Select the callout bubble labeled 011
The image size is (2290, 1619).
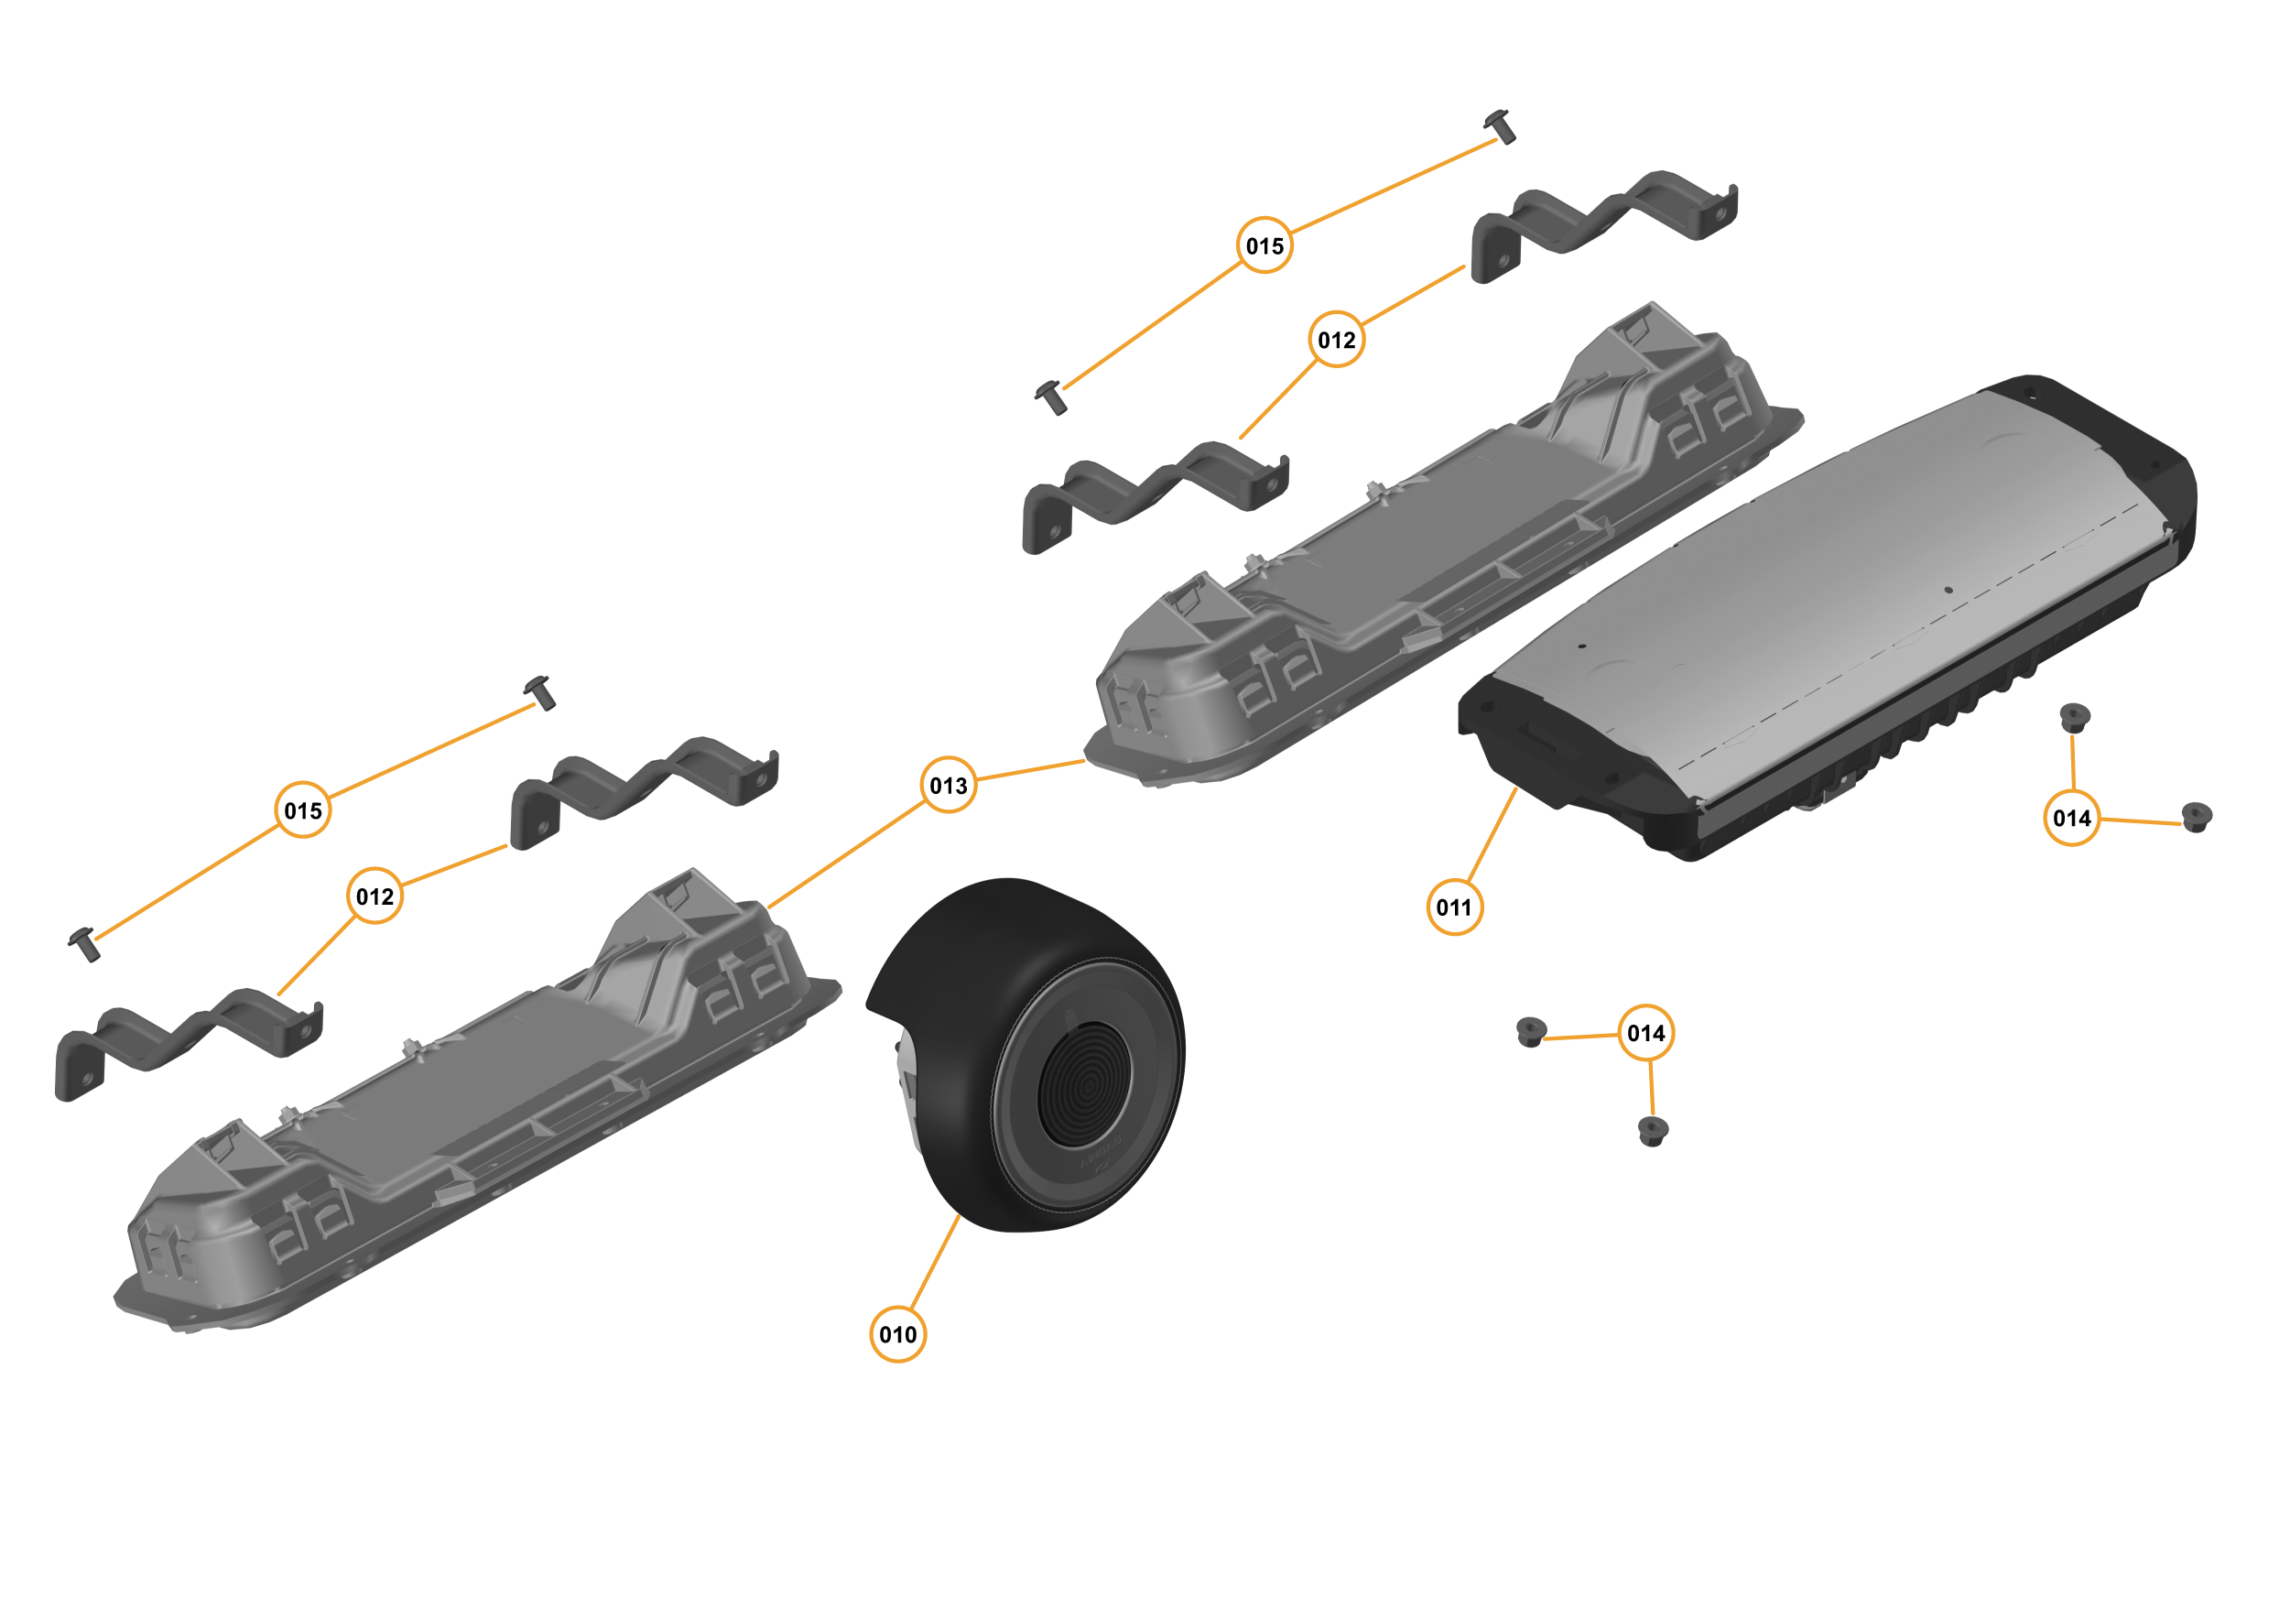[1454, 907]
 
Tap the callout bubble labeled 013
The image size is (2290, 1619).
[949, 785]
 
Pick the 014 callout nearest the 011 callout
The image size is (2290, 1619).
[1645, 1032]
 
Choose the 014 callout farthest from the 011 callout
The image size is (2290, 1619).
[2071, 818]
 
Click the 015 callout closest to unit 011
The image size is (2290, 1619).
[1264, 245]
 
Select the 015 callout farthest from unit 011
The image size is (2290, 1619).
[303, 810]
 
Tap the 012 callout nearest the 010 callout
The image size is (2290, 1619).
[375, 896]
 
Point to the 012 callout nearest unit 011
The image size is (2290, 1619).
[1337, 340]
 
